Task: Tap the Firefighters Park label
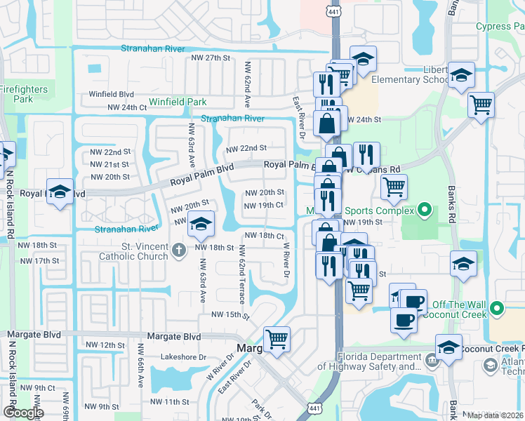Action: (23, 94)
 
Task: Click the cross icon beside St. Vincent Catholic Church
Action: (179, 248)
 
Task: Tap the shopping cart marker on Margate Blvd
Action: (277, 340)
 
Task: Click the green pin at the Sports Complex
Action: (424, 209)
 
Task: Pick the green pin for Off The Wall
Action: (498, 308)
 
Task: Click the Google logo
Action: (23, 413)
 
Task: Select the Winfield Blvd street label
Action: (111, 94)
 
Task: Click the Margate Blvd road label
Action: (173, 337)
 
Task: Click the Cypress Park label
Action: (500, 27)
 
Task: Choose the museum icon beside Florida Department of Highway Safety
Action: (432, 360)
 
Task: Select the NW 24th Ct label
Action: (127, 107)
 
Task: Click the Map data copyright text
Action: (496, 415)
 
